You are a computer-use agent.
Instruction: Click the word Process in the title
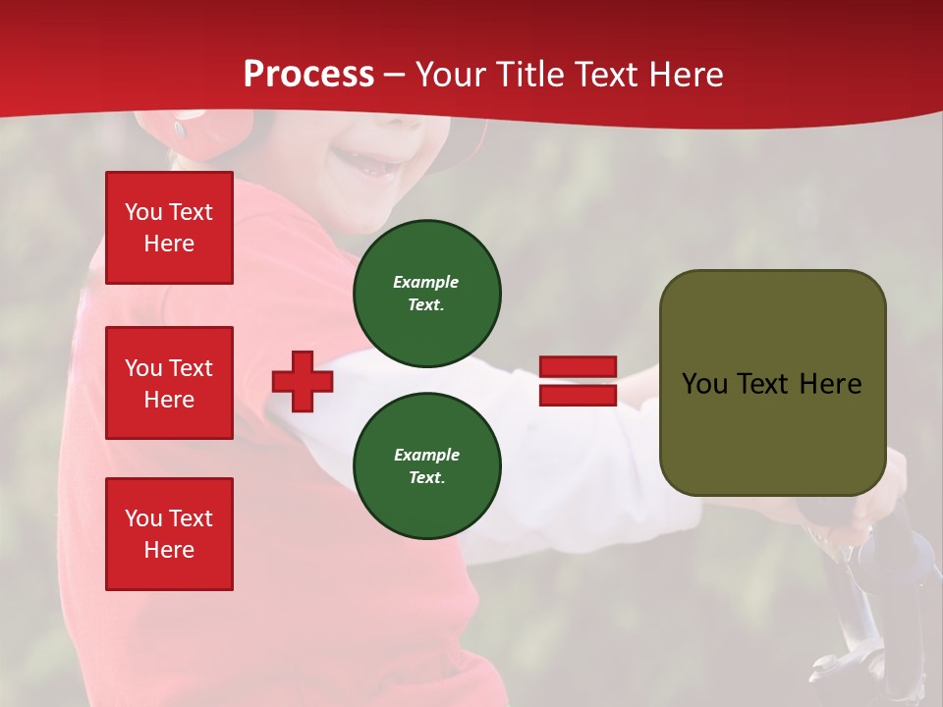pyautogui.click(x=308, y=75)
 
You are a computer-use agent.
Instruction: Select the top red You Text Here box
pyautogui.click(x=169, y=228)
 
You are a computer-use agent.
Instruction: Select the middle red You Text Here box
pyautogui.click(x=169, y=383)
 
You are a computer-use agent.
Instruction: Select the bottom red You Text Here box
pyautogui.click(x=169, y=534)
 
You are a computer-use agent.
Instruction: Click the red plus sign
pyautogui.click(x=303, y=382)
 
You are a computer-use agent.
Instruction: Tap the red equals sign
pyautogui.click(x=578, y=381)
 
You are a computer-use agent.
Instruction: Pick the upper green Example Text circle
pyautogui.click(x=427, y=294)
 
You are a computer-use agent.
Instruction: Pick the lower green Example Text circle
pyautogui.click(x=427, y=466)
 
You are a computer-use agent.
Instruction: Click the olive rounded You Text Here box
pyautogui.click(x=772, y=383)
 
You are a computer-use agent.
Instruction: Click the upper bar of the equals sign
pyautogui.click(x=578, y=367)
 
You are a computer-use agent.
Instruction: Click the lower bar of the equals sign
pyautogui.click(x=578, y=395)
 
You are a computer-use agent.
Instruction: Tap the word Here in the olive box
pyautogui.click(x=830, y=384)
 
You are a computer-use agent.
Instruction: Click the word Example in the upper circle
pyautogui.click(x=426, y=282)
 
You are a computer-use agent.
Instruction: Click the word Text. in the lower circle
pyautogui.click(x=426, y=478)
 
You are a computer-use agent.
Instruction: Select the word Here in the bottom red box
pyautogui.click(x=169, y=550)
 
